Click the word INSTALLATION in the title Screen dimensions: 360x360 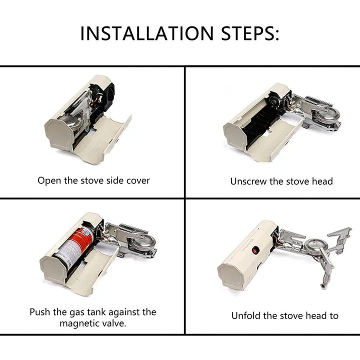[x=147, y=33]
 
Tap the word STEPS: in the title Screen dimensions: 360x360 [x=250, y=33]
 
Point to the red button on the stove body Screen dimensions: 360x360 [x=255, y=250]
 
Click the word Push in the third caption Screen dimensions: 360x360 [x=39, y=312]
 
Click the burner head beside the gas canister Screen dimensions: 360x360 [x=141, y=243]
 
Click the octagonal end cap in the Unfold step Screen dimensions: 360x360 [x=230, y=276]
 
